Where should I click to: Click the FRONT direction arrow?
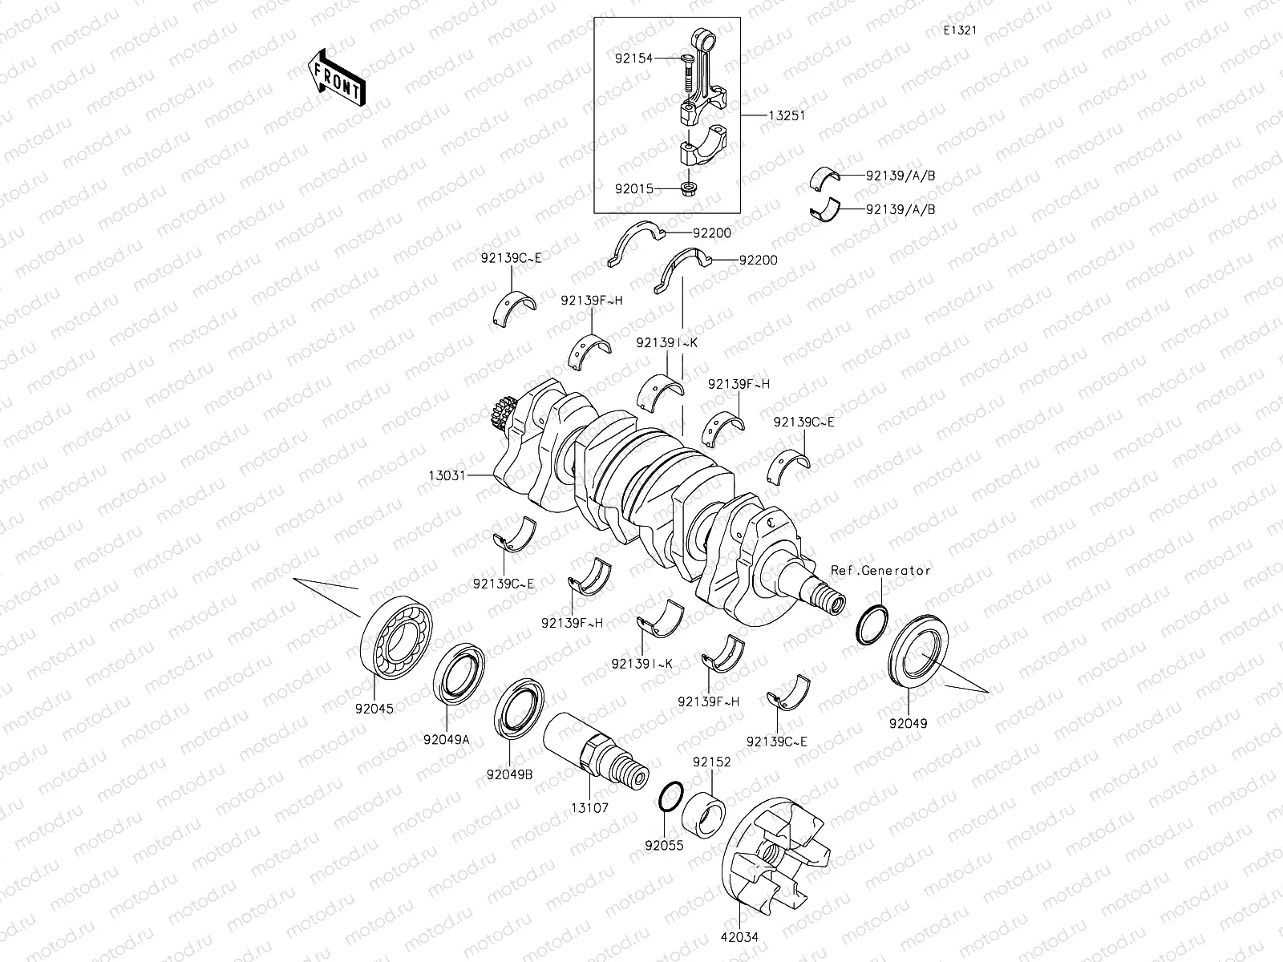(335, 78)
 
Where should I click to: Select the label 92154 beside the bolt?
(634, 59)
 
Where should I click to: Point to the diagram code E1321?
(959, 30)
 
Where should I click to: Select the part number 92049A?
(447, 740)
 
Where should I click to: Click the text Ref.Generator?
(880, 571)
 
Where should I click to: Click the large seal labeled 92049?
(919, 657)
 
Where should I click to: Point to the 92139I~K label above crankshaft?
(666, 342)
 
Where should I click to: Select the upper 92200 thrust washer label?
(712, 233)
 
